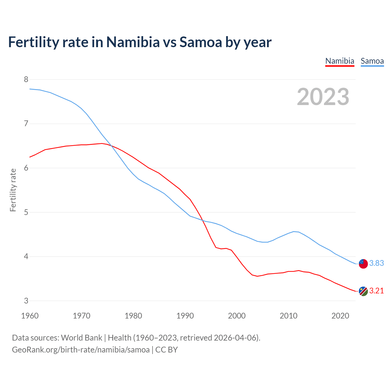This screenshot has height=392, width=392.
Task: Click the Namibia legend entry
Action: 340,61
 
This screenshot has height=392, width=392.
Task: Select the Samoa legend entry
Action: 372,61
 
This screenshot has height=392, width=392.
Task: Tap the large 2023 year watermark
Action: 323,97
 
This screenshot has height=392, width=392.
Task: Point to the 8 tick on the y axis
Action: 26,80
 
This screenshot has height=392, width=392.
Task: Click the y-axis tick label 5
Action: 26,212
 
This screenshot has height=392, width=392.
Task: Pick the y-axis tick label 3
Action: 26,301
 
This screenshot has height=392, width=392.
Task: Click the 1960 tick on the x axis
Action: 30,316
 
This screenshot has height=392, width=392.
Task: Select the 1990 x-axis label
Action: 185,316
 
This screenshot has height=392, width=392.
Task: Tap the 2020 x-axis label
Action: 340,316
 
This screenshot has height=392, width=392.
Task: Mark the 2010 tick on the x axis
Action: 288,316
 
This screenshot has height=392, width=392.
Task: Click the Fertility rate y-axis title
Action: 13,190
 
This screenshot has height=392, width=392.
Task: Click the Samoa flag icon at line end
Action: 363,264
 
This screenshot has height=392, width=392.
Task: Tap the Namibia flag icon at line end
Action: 363,291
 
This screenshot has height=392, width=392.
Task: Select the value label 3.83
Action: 376,263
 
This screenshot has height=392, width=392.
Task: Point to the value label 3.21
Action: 376,291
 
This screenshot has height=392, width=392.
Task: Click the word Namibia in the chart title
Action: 133,42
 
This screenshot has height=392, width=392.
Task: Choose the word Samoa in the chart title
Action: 201,42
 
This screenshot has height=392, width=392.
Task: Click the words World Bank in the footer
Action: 81,338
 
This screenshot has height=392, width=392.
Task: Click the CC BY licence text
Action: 167,350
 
